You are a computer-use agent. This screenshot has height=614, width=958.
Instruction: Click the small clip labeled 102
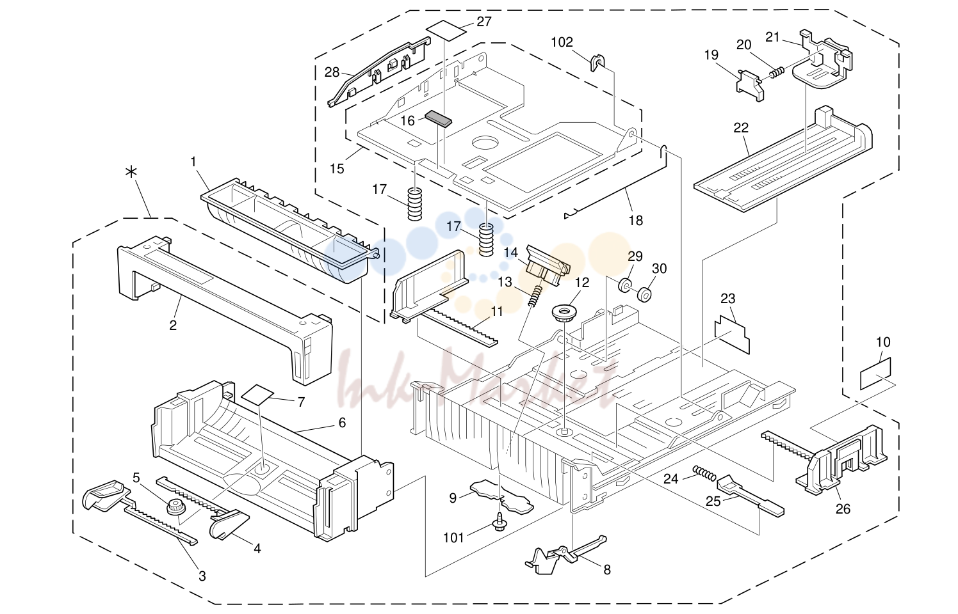click(597, 63)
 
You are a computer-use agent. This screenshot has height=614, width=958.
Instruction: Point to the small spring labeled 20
click(777, 73)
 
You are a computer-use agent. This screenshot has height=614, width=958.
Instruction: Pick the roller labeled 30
click(644, 295)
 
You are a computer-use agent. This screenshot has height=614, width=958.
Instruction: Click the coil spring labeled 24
click(704, 473)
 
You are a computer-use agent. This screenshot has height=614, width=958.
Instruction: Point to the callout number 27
click(484, 21)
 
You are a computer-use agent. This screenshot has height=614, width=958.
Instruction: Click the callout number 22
click(741, 127)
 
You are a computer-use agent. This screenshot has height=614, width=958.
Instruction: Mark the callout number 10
click(883, 342)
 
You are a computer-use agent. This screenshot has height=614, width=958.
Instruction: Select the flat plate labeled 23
click(732, 335)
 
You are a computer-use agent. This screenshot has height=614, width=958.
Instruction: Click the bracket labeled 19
click(750, 86)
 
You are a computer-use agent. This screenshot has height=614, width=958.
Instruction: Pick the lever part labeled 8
click(565, 554)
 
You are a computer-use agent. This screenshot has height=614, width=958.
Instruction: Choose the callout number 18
click(636, 221)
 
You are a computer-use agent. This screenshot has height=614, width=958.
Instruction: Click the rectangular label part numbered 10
click(875, 374)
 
